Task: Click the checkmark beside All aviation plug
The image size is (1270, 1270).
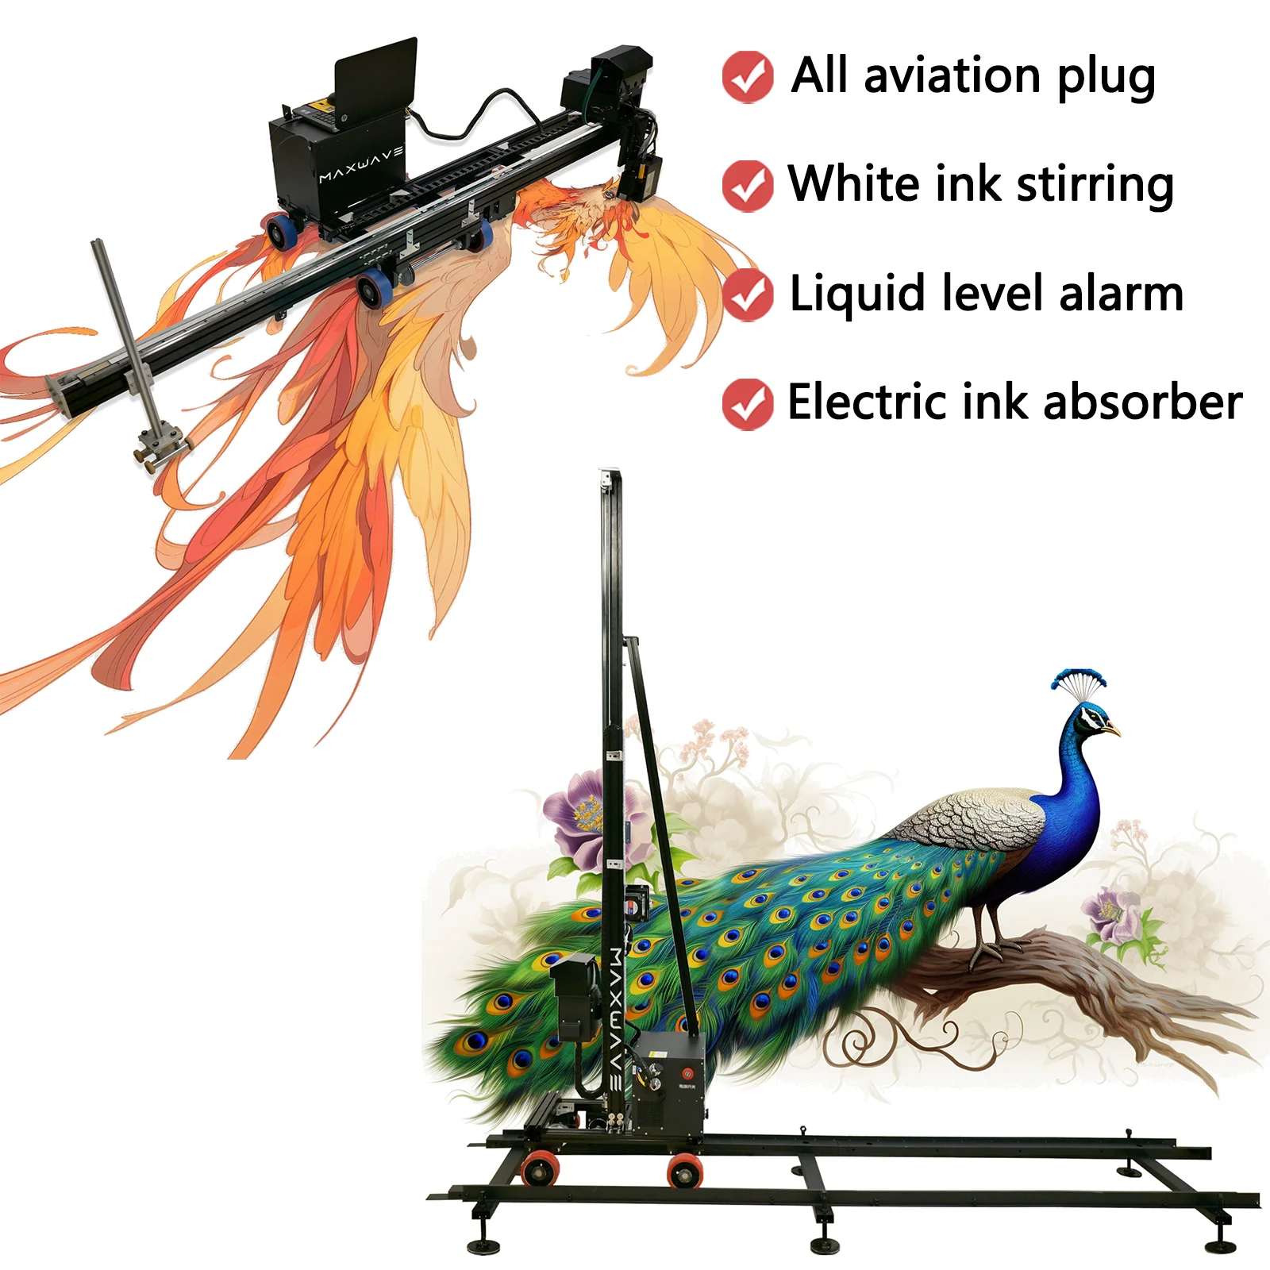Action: pyautogui.click(x=747, y=77)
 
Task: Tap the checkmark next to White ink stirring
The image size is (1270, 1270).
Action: pyautogui.click(x=747, y=186)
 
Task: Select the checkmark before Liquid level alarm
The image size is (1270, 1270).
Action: pyautogui.click(x=747, y=294)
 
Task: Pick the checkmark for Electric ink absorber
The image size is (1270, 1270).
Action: pyautogui.click(x=747, y=404)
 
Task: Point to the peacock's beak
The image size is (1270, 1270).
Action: pyautogui.click(x=1113, y=729)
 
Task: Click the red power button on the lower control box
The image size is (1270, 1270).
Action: pyautogui.click(x=687, y=1053)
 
